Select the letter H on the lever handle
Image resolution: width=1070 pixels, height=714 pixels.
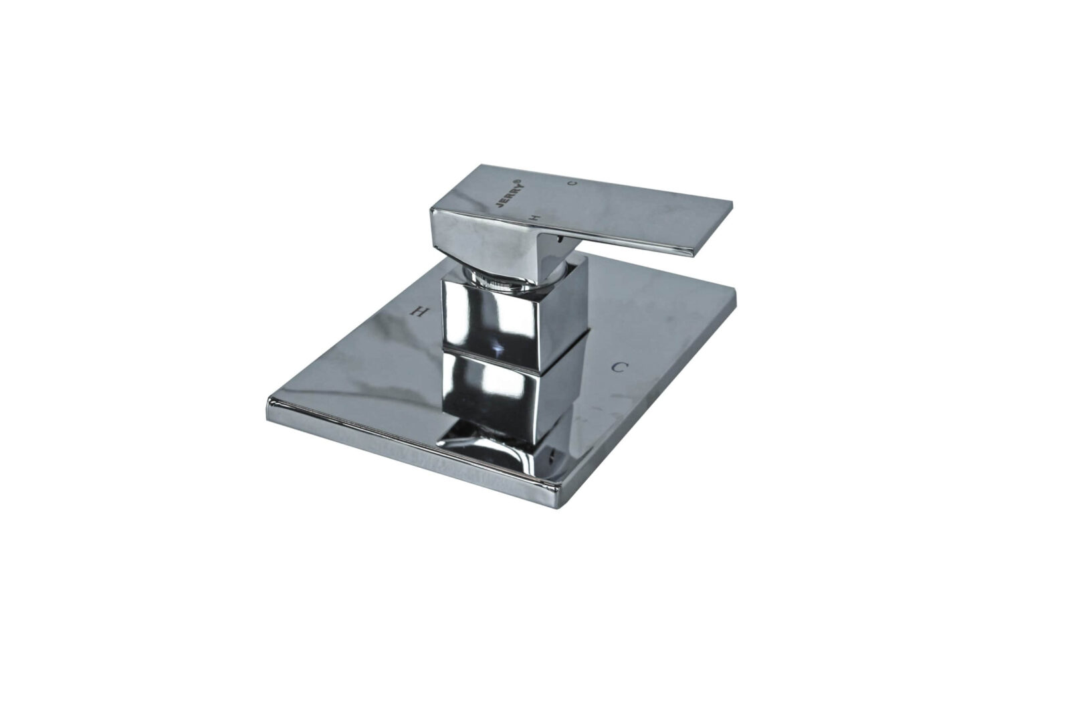click(534, 217)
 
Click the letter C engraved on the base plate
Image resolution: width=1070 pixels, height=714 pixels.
click(621, 367)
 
